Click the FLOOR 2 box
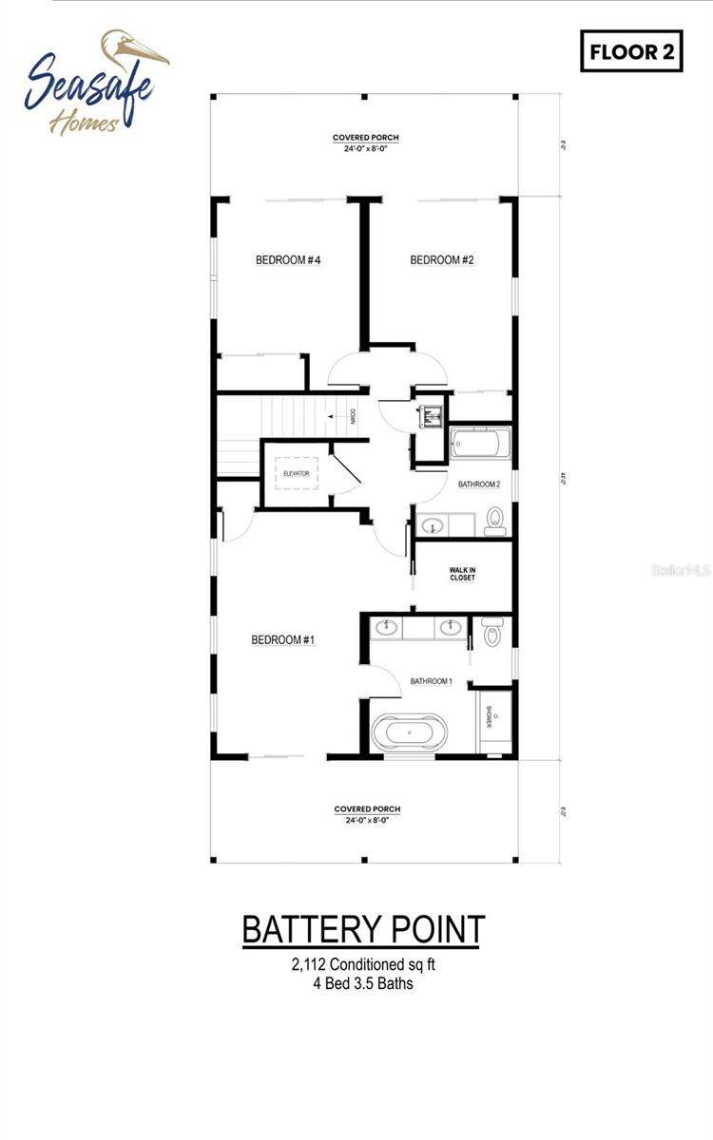[631, 51]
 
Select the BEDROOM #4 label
[286, 260]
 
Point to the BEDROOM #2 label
[441, 260]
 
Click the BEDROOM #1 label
[282, 640]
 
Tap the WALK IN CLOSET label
[463, 574]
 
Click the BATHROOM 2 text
[478, 484]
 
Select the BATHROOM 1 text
[431, 681]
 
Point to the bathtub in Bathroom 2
[481, 443]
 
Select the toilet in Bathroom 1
[491, 632]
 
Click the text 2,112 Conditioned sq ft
[363, 965]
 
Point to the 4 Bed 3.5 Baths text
[363, 983]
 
